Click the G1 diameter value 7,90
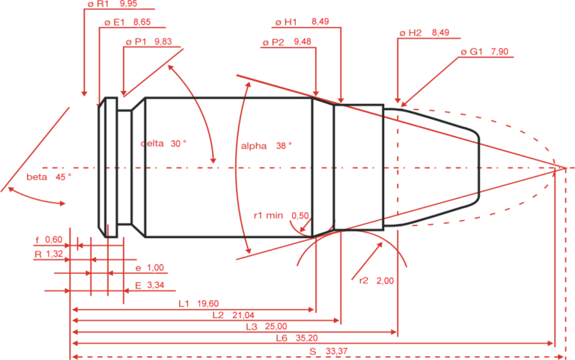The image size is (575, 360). pos(500,52)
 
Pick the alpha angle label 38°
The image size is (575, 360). pos(282,145)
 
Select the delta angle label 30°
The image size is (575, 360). pos(179,143)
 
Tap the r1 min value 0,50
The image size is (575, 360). pos(299,216)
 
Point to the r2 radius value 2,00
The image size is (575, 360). pos(384,280)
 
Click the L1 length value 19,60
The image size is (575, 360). pos(207,304)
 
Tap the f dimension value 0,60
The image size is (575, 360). pos(53,240)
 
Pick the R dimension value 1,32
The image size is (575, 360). pos(53,254)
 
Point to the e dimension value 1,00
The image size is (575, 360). pos(154,267)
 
